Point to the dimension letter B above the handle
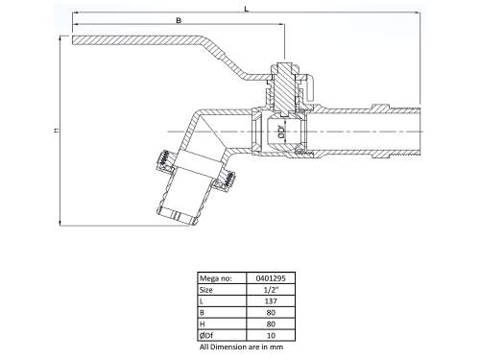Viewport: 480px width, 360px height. click(179, 19)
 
